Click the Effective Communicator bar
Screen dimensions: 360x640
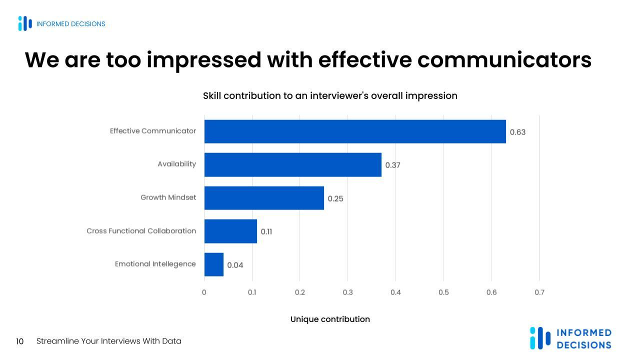click(355, 131)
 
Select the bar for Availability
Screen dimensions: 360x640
click(292, 164)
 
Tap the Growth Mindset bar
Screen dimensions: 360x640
click(264, 198)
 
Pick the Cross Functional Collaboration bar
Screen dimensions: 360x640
click(230, 231)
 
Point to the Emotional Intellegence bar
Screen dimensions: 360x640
click(213, 264)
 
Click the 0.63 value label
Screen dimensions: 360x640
click(517, 132)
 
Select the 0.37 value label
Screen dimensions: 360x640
click(392, 165)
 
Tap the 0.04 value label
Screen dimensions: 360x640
click(235, 265)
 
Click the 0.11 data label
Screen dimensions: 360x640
click(266, 232)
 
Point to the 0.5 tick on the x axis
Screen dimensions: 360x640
click(443, 292)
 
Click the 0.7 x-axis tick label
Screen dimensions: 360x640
click(539, 292)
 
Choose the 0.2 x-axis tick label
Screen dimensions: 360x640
click(300, 292)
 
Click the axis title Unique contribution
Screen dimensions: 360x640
click(330, 319)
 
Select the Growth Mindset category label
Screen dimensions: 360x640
click(168, 197)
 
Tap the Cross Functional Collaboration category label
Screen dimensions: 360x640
click(141, 231)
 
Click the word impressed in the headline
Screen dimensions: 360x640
click(203, 60)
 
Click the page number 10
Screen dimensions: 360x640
click(20, 341)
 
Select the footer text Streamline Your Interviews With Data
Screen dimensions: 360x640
click(108, 341)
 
